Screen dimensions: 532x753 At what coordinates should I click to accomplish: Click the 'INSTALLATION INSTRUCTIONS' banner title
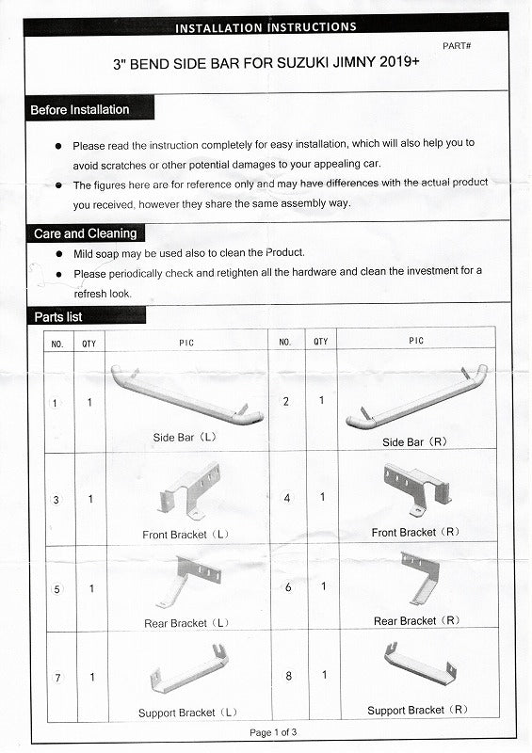click(x=266, y=27)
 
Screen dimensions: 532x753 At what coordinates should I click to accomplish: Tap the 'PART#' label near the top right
click(x=457, y=46)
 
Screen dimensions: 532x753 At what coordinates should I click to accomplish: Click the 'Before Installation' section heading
click(x=80, y=109)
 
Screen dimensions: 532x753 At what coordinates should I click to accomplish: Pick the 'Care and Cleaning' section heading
click(x=85, y=233)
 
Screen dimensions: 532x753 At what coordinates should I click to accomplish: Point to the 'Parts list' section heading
click(x=58, y=317)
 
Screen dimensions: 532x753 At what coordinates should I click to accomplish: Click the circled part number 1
click(x=55, y=403)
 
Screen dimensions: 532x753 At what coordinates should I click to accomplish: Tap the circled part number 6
click(x=288, y=587)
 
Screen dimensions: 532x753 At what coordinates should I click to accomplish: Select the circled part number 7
click(x=57, y=678)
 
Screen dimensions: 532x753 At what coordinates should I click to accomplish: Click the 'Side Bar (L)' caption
click(x=185, y=438)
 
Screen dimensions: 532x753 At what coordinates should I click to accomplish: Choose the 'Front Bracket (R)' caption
click(x=415, y=532)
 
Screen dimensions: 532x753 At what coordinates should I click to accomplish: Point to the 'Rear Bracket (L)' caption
click(x=186, y=623)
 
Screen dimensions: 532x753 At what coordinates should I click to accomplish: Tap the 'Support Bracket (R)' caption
click(x=417, y=710)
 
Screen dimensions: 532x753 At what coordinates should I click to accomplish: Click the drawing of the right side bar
click(x=417, y=399)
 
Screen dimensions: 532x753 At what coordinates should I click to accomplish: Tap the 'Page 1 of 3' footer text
click(x=273, y=732)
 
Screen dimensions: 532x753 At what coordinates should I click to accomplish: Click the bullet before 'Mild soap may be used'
click(x=59, y=253)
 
